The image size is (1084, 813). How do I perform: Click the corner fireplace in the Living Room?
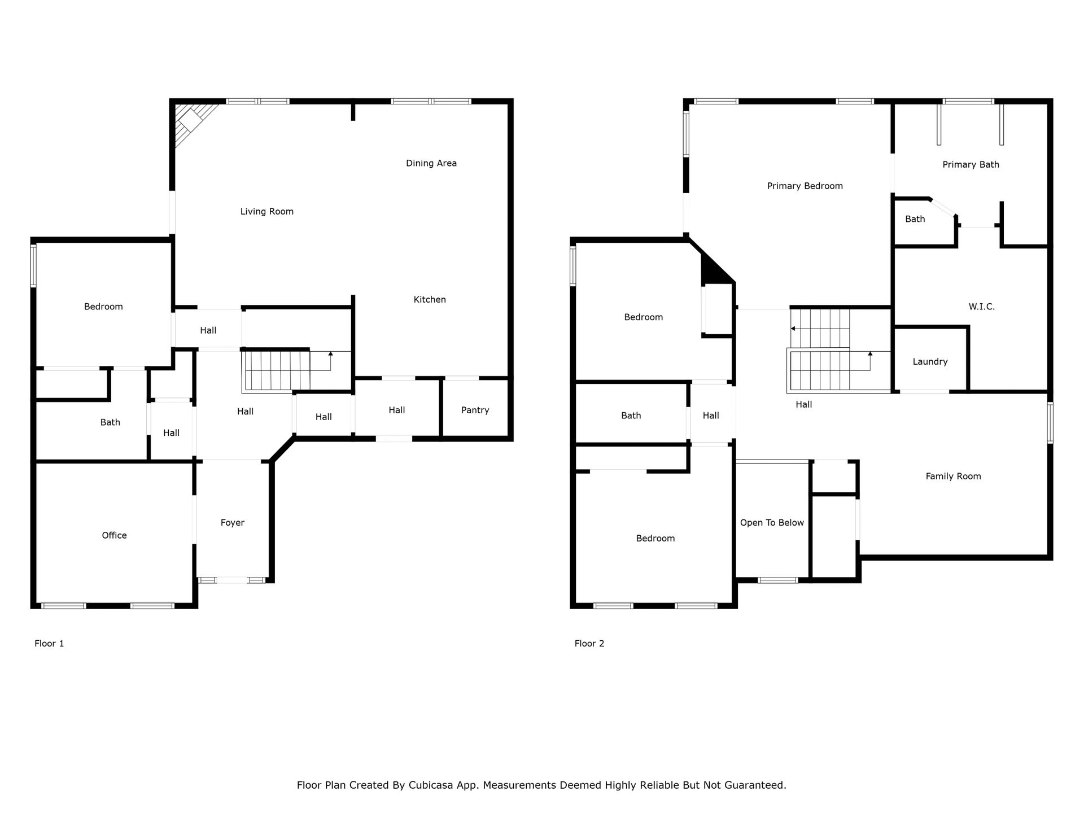click(192, 121)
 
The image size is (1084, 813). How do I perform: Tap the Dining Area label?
click(431, 163)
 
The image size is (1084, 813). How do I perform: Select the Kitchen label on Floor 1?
click(430, 299)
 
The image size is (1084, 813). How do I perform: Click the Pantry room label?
click(475, 410)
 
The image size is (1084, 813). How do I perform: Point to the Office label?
click(114, 535)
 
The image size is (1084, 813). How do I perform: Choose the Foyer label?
click(232, 523)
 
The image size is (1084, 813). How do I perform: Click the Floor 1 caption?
click(49, 643)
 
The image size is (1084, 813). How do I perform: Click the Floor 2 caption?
click(589, 643)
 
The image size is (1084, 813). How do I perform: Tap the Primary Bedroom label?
click(805, 186)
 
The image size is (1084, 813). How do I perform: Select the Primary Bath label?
click(971, 164)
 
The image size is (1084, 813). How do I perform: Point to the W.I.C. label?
click(982, 307)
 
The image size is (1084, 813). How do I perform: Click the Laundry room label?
click(930, 361)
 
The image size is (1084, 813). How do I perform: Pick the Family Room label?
click(953, 476)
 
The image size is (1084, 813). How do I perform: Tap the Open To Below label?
click(772, 523)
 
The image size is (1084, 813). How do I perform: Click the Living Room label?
click(267, 211)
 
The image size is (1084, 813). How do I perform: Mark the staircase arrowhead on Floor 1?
click(330, 353)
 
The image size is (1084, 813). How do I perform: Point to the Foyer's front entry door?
click(233, 580)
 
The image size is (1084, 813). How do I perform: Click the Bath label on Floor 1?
click(110, 422)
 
